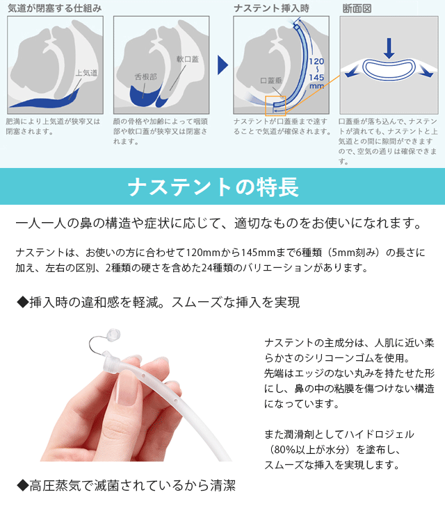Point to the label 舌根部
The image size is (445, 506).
tap(146, 76)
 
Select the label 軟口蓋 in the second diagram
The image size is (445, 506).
tap(188, 60)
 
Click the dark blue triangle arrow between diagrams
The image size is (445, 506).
tap(222, 65)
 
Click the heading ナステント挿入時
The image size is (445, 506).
tap(270, 8)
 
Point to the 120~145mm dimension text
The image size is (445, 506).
tap(317, 73)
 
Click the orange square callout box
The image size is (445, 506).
tap(275, 106)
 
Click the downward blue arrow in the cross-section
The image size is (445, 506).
tap(389, 48)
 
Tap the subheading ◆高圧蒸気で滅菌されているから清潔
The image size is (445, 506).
tap(126, 486)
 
